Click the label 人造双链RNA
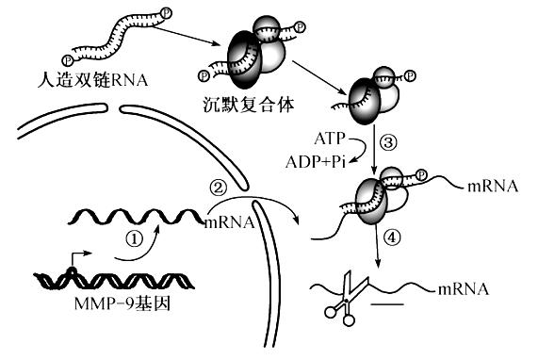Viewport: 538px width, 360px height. (x=92, y=79)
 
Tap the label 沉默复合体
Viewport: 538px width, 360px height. (x=249, y=105)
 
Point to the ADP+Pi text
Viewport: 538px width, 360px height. (x=316, y=161)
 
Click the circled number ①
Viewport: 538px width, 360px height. (x=134, y=238)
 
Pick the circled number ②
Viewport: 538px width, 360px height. (x=219, y=188)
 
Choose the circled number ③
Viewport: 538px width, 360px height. (x=388, y=142)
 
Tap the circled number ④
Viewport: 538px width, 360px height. (x=392, y=237)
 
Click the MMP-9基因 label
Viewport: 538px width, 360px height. (x=122, y=303)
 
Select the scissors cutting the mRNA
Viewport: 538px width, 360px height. (x=346, y=298)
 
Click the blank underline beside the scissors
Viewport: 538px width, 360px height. (x=387, y=304)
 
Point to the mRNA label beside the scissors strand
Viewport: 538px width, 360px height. (x=464, y=289)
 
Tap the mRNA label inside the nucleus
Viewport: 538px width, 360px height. (x=229, y=222)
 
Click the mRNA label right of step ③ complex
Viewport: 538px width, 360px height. (x=493, y=187)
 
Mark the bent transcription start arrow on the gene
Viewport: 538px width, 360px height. (x=78, y=260)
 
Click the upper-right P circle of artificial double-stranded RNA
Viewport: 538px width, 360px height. (x=167, y=13)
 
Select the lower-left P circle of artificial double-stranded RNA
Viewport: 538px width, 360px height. (x=68, y=60)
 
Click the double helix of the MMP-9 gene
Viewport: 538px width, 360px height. (x=114, y=281)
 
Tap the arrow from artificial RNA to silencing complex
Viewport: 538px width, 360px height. (x=186, y=36)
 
